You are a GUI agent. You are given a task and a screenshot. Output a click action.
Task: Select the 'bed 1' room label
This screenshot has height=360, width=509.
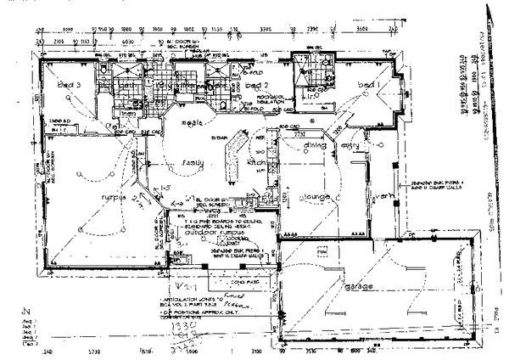367,87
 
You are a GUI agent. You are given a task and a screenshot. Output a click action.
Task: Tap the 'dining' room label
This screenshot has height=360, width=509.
293,144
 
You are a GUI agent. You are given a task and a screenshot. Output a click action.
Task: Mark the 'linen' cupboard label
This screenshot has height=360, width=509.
128,113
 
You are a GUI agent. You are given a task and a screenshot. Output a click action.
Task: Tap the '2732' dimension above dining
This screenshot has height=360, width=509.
299,133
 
